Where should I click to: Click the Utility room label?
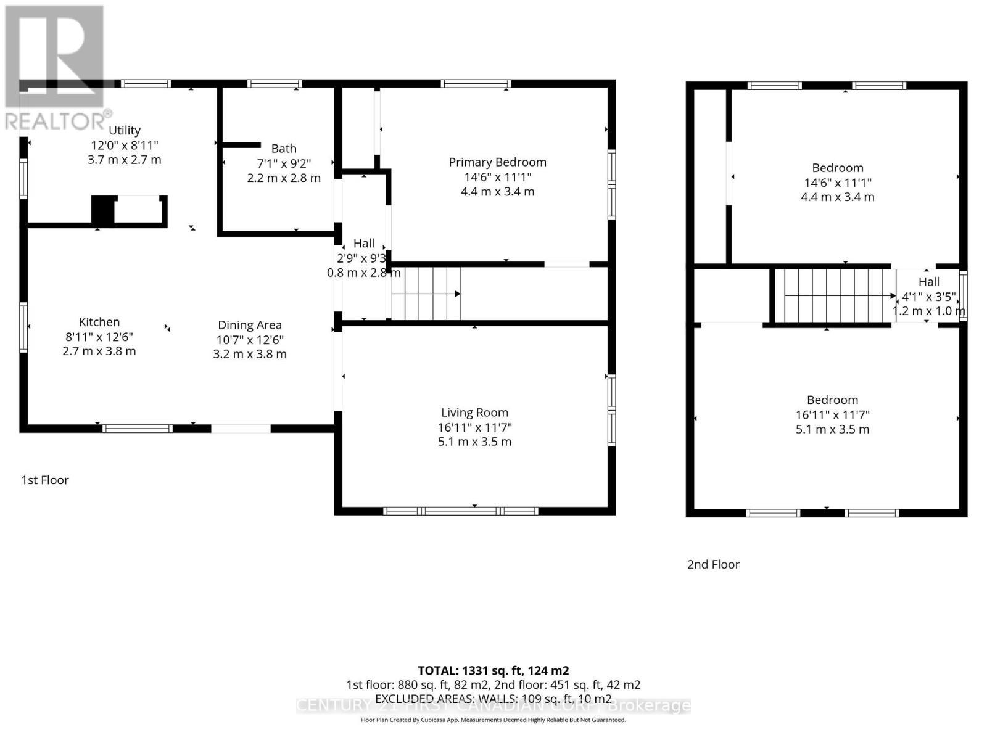point(125,130)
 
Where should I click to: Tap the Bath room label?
point(284,149)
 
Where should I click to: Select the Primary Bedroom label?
point(497,162)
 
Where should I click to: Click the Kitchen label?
point(99,322)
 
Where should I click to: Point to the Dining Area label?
point(250,325)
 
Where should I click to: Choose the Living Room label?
point(474,413)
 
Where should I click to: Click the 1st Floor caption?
point(45,480)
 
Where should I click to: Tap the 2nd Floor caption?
point(713,564)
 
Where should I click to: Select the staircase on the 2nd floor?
point(833,296)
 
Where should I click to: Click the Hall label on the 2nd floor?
point(928,282)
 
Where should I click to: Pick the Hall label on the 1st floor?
point(364,244)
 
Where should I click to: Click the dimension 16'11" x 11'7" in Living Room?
point(474,427)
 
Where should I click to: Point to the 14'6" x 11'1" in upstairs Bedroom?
point(837,183)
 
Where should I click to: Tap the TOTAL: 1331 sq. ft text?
point(493,670)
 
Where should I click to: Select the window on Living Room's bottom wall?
point(460,511)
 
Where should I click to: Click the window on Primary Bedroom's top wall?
point(475,84)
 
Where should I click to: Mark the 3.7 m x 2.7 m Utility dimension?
point(125,160)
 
